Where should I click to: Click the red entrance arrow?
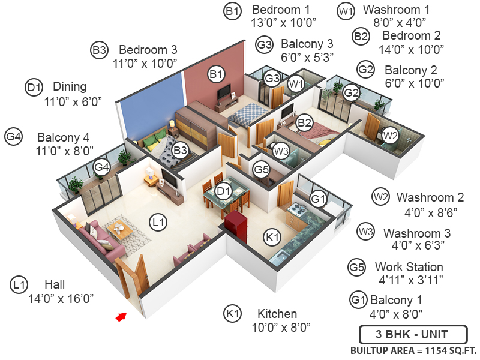tap(122, 316)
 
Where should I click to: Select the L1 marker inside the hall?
tap(158, 223)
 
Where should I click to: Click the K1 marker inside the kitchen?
tap(272, 237)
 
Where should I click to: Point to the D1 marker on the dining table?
tap(224, 191)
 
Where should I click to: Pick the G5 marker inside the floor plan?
tap(261, 170)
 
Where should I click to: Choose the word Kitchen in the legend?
tap(277, 314)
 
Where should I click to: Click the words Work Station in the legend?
tap(409, 266)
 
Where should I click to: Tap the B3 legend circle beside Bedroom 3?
tap(99, 50)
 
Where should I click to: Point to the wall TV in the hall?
tap(169, 178)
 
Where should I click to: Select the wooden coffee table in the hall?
tap(124, 229)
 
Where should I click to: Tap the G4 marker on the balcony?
tap(101, 167)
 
